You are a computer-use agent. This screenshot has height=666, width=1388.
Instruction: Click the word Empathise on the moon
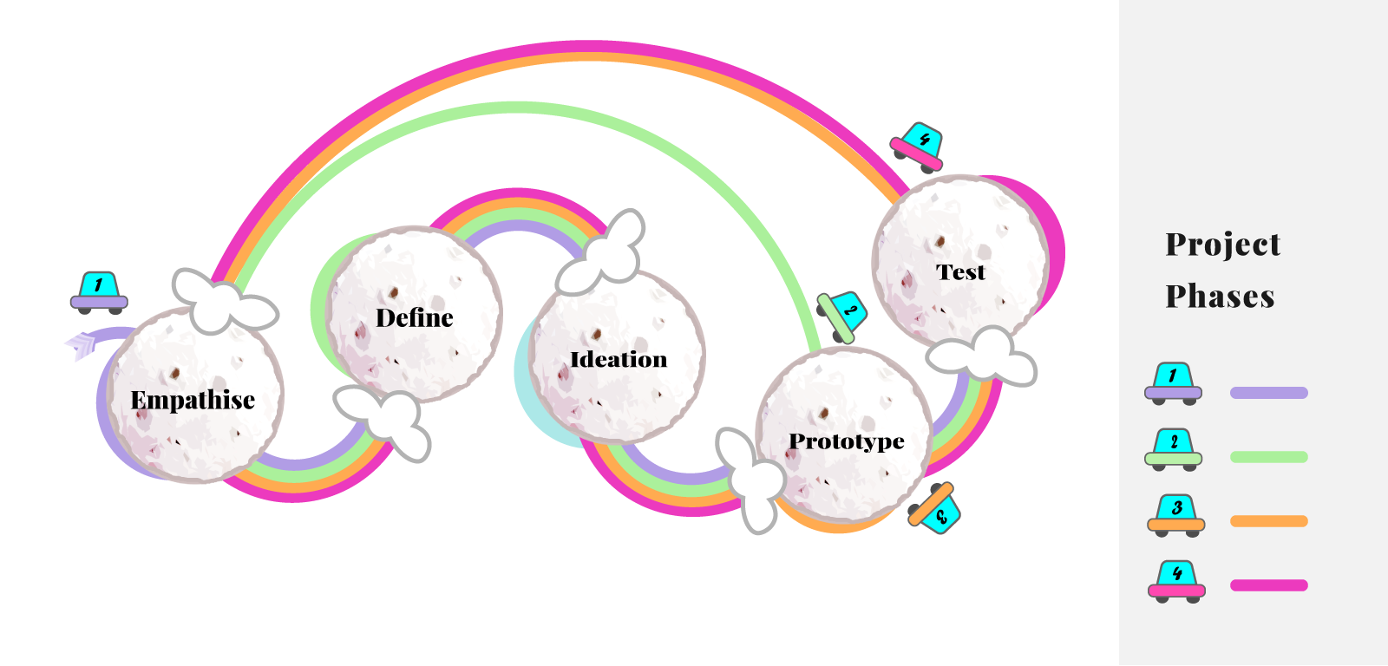(x=193, y=400)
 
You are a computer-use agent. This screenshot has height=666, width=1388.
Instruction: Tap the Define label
(x=414, y=318)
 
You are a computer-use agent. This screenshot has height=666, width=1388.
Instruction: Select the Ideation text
(x=619, y=359)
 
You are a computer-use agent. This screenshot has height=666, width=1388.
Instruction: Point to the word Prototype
(x=846, y=441)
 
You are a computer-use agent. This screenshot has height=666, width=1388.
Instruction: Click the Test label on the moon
(x=960, y=272)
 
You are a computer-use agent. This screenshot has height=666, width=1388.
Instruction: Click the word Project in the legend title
(x=1222, y=245)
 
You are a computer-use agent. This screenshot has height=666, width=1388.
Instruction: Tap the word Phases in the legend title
(x=1220, y=297)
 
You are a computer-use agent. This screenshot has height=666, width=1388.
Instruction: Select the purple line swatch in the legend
(x=1268, y=393)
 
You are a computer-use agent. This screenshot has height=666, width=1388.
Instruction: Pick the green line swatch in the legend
(x=1268, y=457)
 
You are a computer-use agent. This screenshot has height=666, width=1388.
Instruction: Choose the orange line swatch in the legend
(x=1268, y=521)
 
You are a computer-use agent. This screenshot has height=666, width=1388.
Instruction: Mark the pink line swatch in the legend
(x=1268, y=585)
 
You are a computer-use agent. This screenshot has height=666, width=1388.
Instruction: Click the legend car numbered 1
(x=1173, y=383)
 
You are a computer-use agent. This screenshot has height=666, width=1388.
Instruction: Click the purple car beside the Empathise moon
(x=99, y=292)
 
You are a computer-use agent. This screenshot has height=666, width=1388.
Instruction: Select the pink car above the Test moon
(x=918, y=147)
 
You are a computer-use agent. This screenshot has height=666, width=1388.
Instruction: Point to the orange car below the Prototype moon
(x=934, y=509)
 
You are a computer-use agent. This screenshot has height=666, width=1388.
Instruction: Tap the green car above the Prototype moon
(x=841, y=316)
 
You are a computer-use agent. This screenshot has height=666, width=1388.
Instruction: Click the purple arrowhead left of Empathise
(x=81, y=345)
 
